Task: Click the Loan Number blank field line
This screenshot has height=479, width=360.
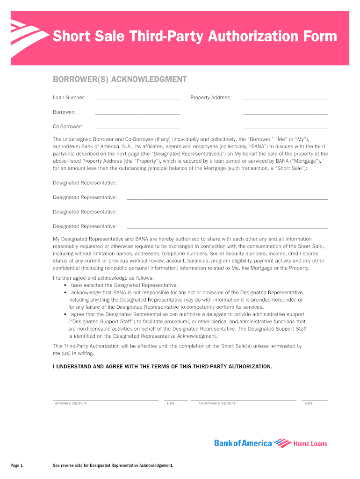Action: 137,99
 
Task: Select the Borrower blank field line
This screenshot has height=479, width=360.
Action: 137,114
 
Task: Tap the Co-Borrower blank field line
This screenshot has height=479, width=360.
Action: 137,128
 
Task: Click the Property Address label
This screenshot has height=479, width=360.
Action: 210,97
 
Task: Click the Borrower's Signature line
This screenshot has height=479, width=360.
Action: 105,400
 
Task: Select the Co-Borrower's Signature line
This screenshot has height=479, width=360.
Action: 243,400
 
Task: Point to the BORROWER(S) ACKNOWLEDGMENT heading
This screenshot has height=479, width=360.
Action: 119,80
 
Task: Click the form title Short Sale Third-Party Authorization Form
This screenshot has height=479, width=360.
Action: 194,36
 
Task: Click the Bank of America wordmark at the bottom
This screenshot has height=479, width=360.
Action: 243,443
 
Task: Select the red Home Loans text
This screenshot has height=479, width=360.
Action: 310,443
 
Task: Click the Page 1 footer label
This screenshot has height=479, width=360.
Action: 17,465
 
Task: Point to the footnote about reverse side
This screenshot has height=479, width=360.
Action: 113,465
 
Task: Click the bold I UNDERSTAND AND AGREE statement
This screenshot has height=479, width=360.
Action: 162,366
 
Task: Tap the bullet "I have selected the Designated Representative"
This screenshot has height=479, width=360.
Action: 122,285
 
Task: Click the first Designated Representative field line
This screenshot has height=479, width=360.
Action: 227,185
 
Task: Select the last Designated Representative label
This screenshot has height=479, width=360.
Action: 85,226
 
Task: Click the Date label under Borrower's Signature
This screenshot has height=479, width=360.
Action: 171,403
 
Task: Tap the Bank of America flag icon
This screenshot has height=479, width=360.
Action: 282,443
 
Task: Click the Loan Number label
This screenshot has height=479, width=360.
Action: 69,97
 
